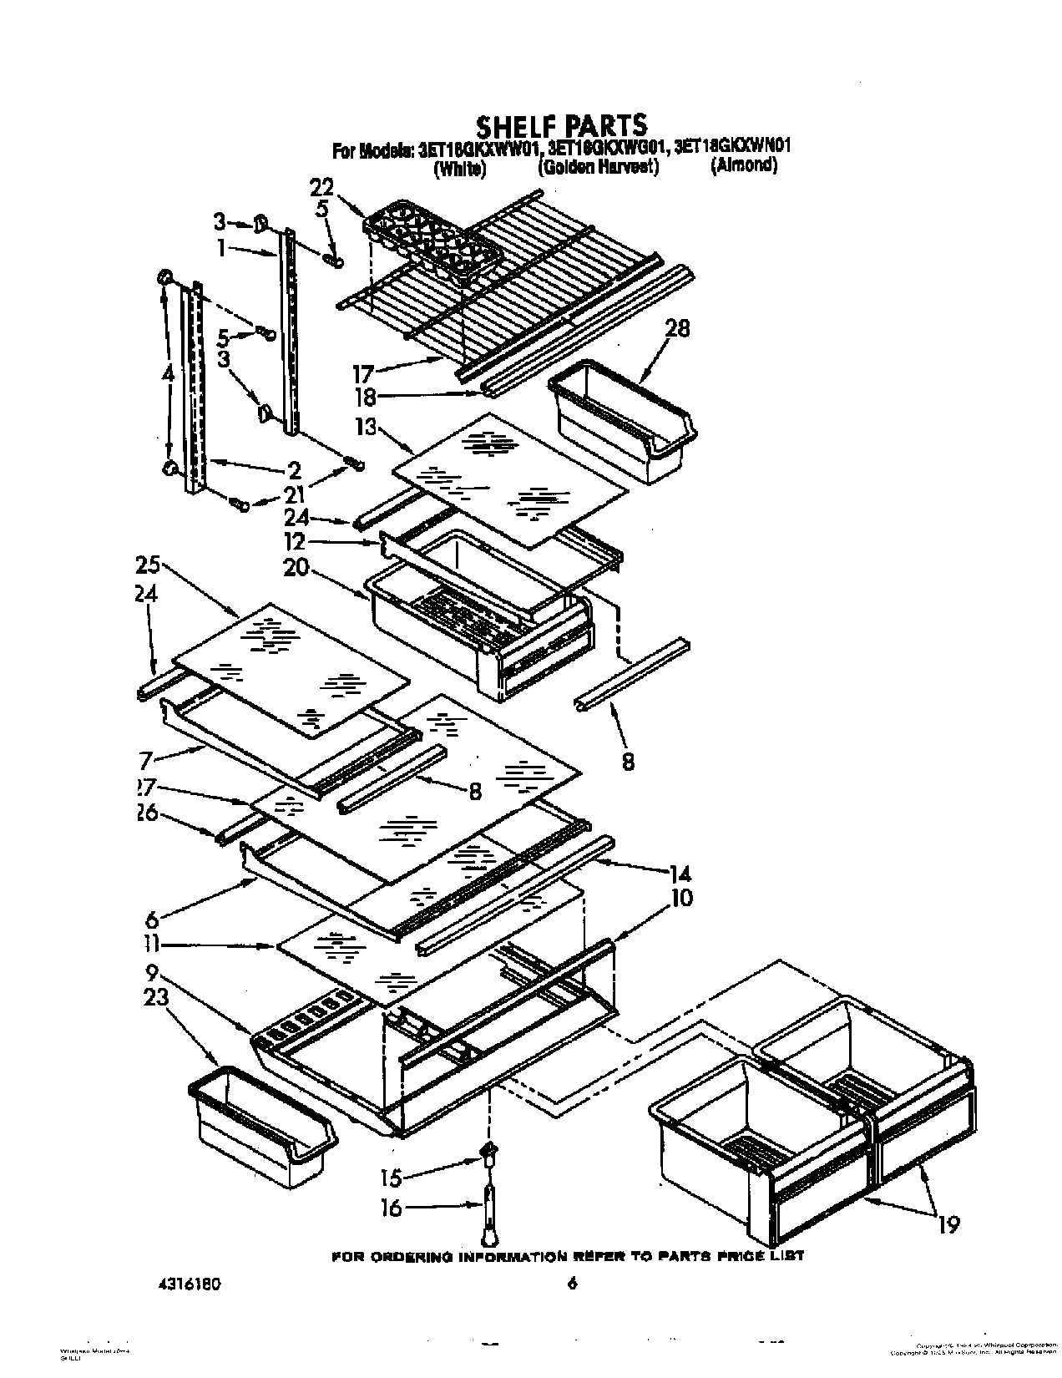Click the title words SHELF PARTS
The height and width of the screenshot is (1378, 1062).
560,125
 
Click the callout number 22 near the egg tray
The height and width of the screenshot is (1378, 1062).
321,187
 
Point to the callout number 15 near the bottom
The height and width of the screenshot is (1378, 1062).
391,1178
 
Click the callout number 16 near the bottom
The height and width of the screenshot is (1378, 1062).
391,1208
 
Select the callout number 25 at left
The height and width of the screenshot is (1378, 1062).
150,565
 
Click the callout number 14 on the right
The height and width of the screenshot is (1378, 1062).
680,874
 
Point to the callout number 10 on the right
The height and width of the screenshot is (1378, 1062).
680,899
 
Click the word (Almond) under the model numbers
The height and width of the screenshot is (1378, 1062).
743,165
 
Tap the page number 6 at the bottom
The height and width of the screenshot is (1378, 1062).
572,1284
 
